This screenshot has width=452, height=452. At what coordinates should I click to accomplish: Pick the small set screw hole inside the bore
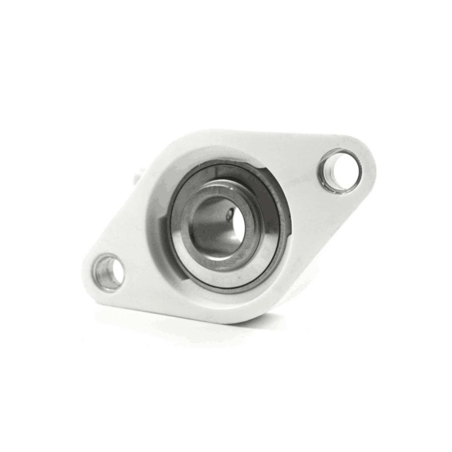[229, 215]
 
